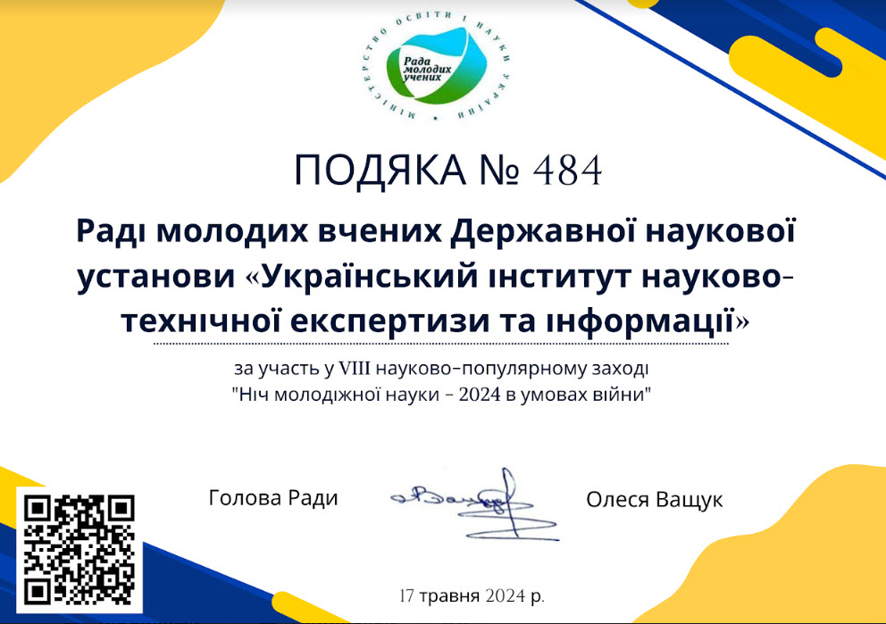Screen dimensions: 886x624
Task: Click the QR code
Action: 79,549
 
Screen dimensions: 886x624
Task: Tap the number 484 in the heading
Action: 567,171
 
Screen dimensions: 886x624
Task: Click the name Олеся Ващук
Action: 655,500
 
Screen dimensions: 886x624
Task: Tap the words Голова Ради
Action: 273,498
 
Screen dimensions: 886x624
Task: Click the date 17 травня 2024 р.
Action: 472,595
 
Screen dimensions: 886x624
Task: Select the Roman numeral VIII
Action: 354,369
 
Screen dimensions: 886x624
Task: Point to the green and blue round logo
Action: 436,67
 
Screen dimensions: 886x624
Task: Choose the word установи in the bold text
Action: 156,278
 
